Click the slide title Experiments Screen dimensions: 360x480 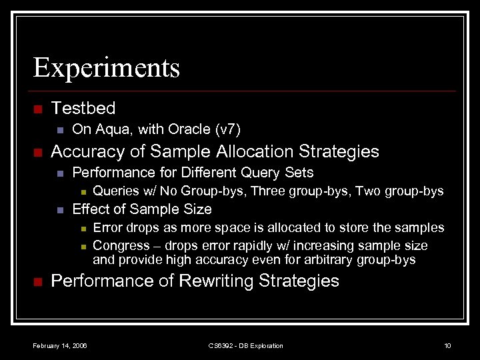click(107, 68)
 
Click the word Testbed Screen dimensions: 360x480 click(83, 108)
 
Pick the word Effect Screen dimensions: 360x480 click(90, 209)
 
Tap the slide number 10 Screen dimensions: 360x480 click(447, 345)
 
